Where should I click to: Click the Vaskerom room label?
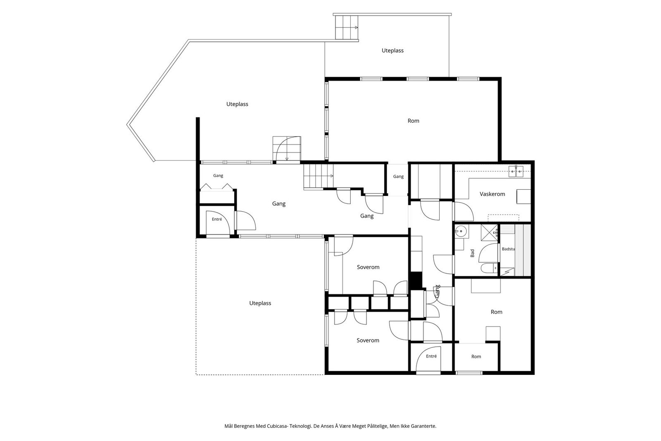click(x=492, y=194)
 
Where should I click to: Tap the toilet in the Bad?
click(x=488, y=268)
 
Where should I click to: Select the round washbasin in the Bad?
click(x=461, y=232)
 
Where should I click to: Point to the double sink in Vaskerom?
click(x=516, y=171)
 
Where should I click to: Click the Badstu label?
click(x=509, y=249)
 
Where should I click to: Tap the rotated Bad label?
click(x=473, y=253)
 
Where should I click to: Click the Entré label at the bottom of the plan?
click(x=431, y=356)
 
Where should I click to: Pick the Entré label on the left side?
click(x=217, y=219)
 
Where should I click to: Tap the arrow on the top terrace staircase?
click(x=356, y=27)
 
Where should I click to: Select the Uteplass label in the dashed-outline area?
click(x=260, y=303)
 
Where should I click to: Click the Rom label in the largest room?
click(x=413, y=121)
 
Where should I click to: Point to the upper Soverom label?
click(x=368, y=267)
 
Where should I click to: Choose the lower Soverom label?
click(x=368, y=340)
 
